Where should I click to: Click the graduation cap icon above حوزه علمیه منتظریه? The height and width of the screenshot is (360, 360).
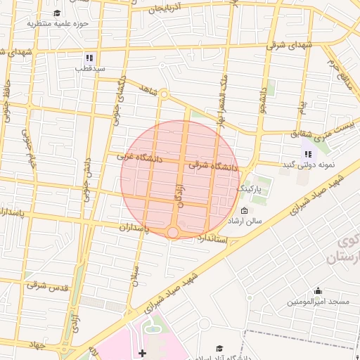[x=57, y=13]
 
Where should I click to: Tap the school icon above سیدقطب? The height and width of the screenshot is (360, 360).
[x=89, y=58]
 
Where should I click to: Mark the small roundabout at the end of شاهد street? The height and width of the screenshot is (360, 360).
[x=164, y=94]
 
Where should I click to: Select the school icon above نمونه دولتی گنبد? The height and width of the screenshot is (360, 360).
[x=308, y=154]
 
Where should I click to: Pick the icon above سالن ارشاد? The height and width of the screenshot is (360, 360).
[x=244, y=211]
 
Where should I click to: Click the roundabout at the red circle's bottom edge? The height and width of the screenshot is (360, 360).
[x=173, y=232]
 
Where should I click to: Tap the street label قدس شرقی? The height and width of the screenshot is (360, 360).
[x=47, y=286]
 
